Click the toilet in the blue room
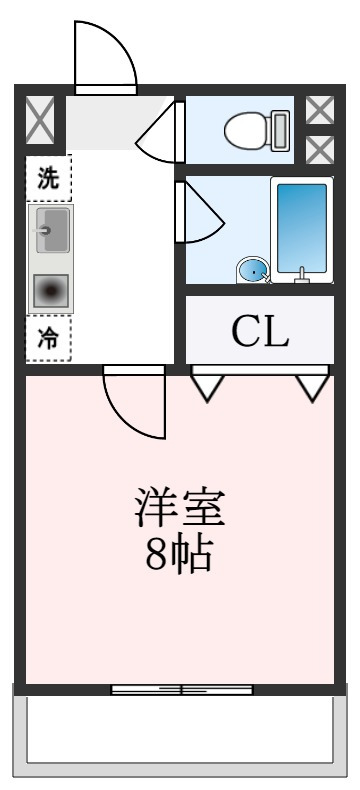[x=256, y=130]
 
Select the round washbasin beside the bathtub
[x=253, y=270]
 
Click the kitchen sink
[x=52, y=231]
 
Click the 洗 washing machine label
[x=47, y=179]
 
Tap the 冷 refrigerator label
[x=47, y=338]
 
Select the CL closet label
[x=260, y=332]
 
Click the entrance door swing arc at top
[x=105, y=55]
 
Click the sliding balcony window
[x=181, y=689]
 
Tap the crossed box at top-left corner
[x=41, y=120]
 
